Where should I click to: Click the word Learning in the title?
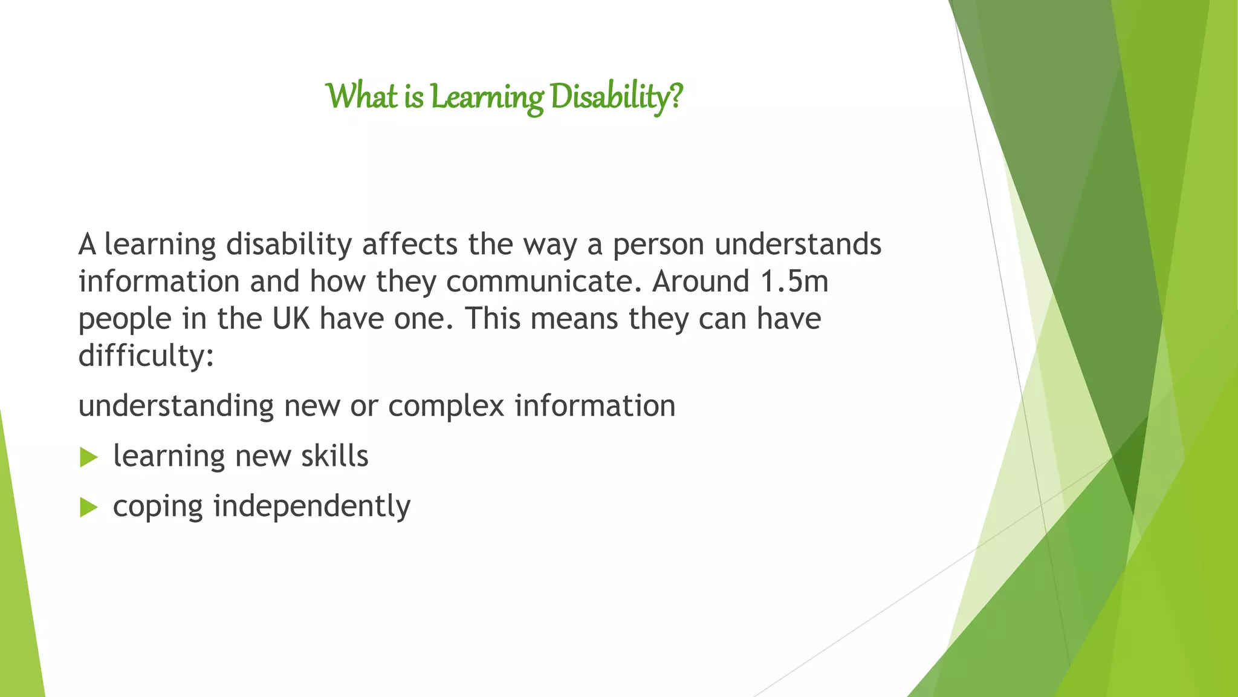point(487,97)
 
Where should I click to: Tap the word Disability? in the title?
point(617,97)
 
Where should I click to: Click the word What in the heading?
point(361,97)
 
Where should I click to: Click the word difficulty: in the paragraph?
point(146,355)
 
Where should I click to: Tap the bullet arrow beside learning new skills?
point(88,457)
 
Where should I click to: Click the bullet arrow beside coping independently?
point(88,508)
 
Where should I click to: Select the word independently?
point(312,506)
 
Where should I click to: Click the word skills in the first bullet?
point(335,456)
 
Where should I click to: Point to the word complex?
point(446,407)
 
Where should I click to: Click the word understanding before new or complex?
point(176,407)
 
